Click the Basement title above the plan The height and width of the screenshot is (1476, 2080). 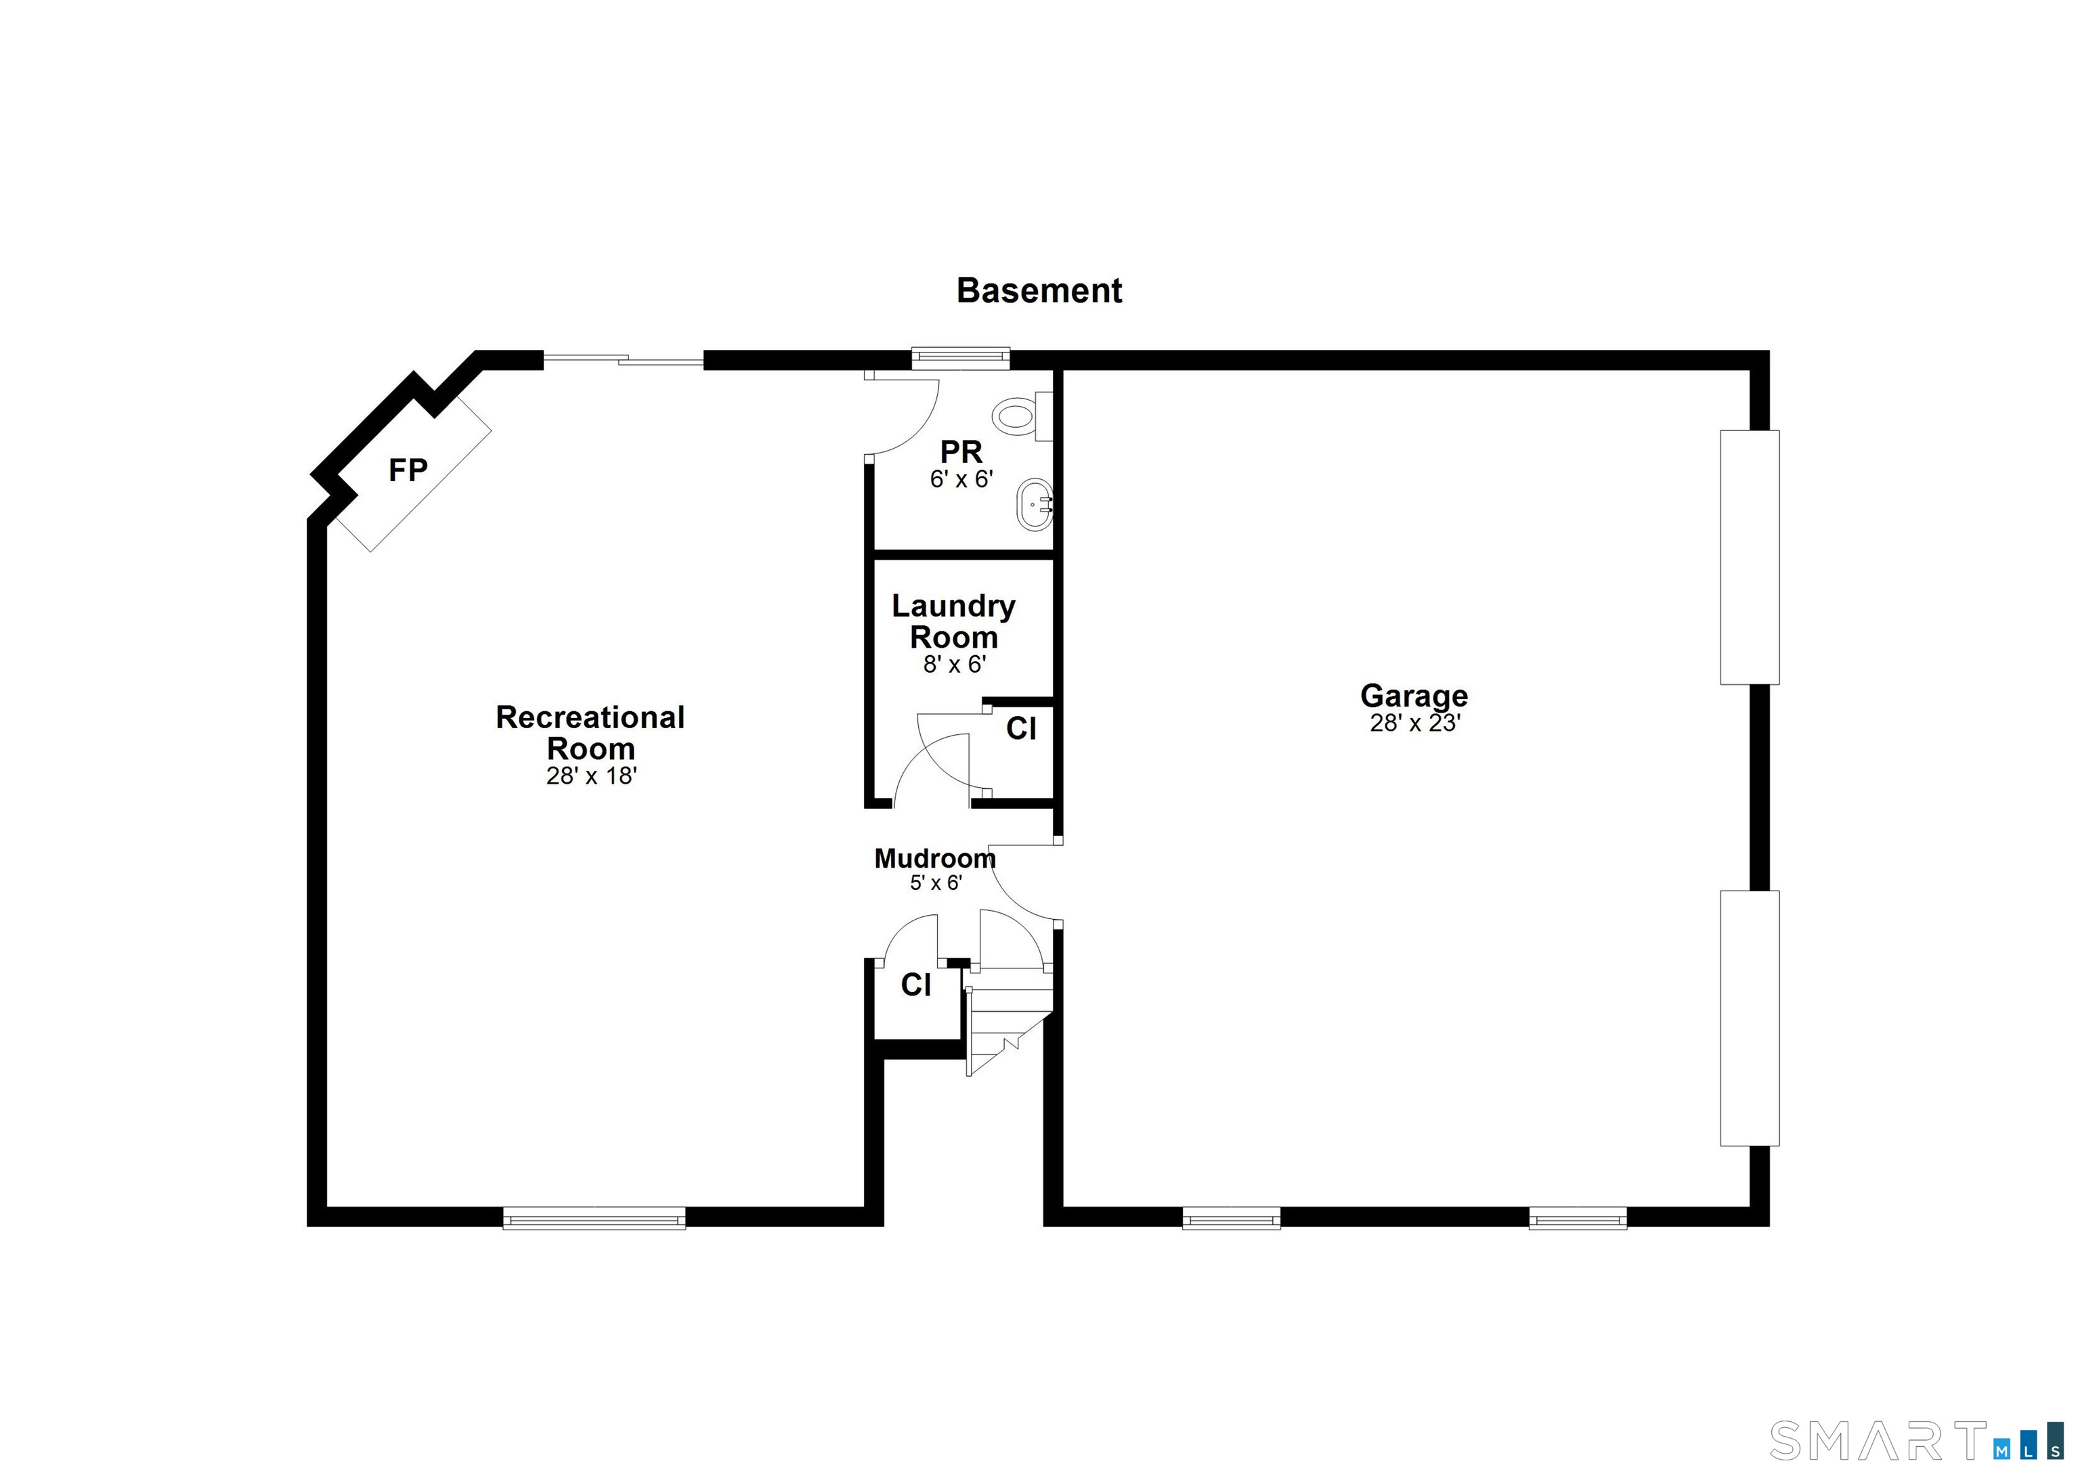tap(1039, 291)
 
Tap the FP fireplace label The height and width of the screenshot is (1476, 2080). tap(408, 470)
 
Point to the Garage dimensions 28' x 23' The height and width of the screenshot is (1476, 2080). tap(1414, 723)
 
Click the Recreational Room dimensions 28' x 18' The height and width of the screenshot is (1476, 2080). tap(591, 776)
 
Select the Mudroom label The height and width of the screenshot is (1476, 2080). tap(934, 858)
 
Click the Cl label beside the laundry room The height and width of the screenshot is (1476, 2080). tap(1021, 729)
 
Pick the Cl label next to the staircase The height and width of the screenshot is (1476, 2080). tap(915, 985)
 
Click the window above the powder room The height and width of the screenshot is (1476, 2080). tap(961, 358)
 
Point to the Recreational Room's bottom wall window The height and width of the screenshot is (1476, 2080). tap(594, 1218)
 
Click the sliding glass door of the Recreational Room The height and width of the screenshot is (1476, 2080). tap(624, 361)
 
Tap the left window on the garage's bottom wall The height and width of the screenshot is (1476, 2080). tap(1232, 1218)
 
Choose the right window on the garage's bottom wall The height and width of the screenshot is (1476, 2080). tap(1578, 1218)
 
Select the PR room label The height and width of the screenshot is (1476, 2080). tap(961, 451)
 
